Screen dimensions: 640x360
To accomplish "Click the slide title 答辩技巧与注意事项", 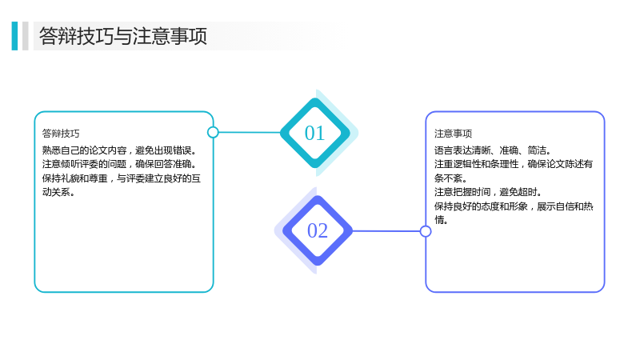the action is click(x=123, y=36).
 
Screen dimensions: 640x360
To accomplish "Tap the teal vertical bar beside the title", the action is click(x=14, y=36).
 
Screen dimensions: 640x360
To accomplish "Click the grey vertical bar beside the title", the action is click(x=26, y=36).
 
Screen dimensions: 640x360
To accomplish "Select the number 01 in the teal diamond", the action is click(x=314, y=134).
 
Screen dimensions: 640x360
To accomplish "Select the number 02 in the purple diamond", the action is click(x=318, y=231).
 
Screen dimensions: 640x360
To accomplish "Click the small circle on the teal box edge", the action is click(x=213, y=132).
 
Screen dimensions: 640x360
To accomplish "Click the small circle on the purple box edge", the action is click(x=426, y=231).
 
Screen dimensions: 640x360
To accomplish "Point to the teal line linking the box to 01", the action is click(x=250, y=132).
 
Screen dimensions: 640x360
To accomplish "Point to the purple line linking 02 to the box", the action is click(x=386, y=231).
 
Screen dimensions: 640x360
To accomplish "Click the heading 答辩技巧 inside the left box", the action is click(x=61, y=134).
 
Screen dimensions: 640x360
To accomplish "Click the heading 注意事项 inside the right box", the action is click(x=453, y=134).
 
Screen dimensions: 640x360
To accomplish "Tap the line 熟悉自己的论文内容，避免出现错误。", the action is click(x=119, y=150).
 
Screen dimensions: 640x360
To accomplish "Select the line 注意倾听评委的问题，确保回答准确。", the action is click(x=119, y=164).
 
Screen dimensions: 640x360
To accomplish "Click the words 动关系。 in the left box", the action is click(x=58, y=192).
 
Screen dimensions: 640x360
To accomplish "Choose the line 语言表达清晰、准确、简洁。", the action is click(x=493, y=150).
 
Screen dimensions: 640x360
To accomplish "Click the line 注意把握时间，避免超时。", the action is click(x=488, y=192).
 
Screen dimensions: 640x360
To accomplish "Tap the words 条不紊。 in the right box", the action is click(x=450, y=178).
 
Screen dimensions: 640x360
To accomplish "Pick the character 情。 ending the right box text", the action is click(x=442, y=220).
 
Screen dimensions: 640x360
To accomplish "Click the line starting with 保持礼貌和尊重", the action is click(x=122, y=178).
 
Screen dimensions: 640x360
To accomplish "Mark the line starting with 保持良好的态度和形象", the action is click(x=514, y=206).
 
